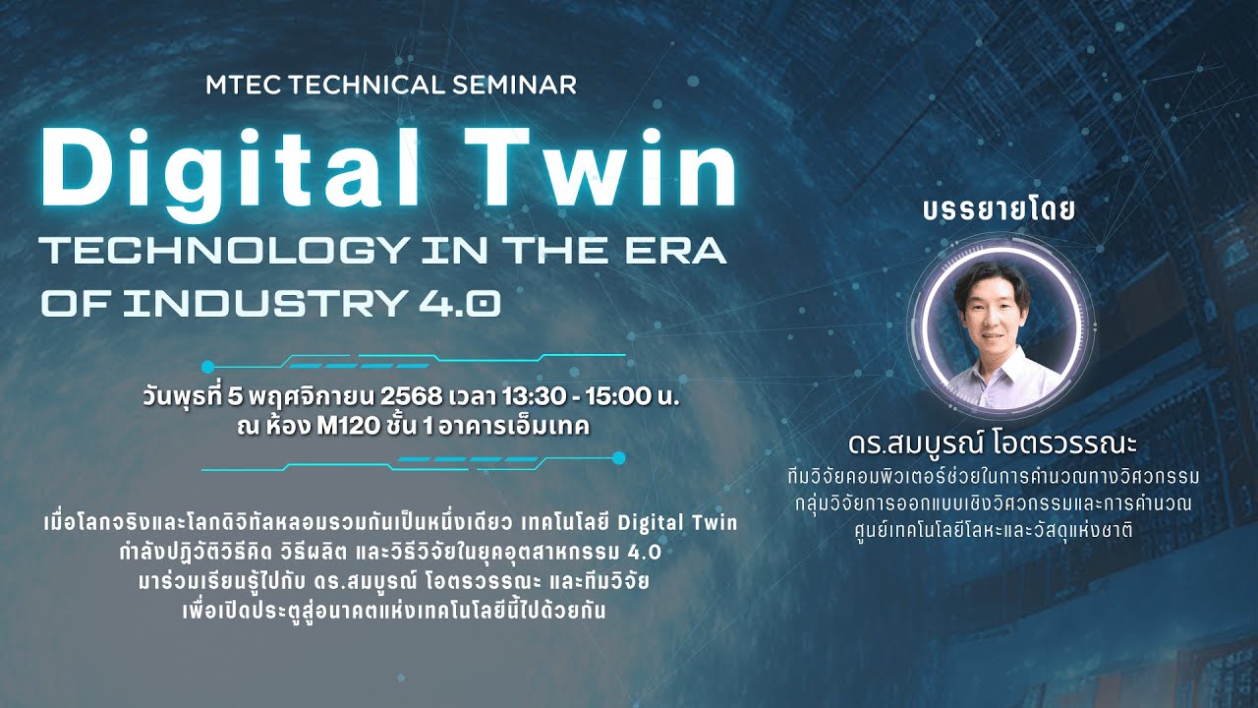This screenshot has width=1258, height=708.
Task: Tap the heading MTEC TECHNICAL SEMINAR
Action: (391, 85)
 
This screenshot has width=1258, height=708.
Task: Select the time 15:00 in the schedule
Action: (624, 398)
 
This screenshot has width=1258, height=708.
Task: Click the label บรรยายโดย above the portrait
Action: (1000, 211)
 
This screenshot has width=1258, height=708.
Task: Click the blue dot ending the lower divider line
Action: (618, 458)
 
